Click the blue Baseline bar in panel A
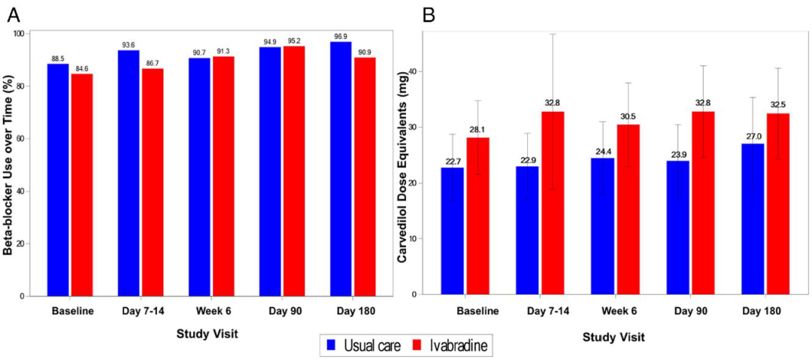(58, 180)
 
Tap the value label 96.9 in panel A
(341, 36)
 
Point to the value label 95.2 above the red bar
(294, 41)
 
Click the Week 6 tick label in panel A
(199, 310)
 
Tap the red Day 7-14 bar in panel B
(553, 203)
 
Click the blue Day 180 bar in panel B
(753, 219)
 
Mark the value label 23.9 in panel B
(679, 155)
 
